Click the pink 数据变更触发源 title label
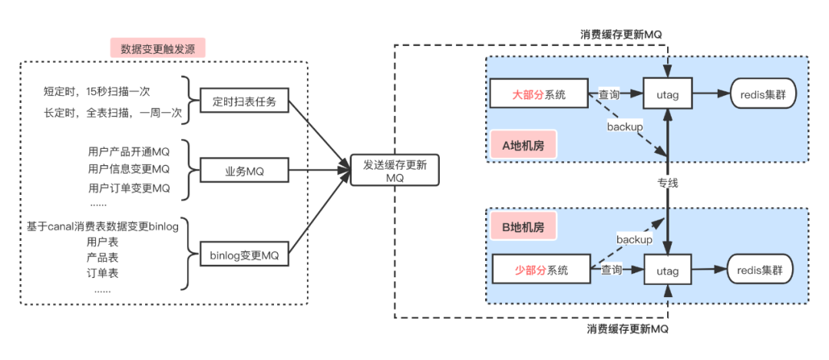click(x=157, y=48)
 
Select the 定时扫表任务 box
click(x=244, y=101)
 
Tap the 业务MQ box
click(x=244, y=171)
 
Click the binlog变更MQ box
click(x=244, y=254)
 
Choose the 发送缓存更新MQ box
click(x=395, y=170)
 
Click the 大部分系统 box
click(x=539, y=94)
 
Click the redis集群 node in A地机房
click(x=762, y=94)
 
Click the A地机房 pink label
click(x=523, y=144)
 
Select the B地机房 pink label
click(x=523, y=226)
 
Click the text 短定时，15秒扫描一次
click(x=97, y=91)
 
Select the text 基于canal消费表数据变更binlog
click(x=102, y=226)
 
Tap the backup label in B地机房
click(x=634, y=239)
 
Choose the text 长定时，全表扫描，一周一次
click(x=112, y=113)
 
